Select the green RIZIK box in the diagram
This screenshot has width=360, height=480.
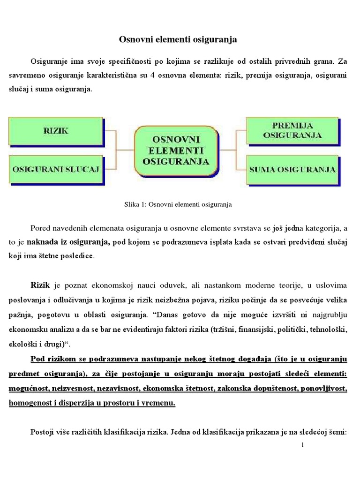tap(56, 131)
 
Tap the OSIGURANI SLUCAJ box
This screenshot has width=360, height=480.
tap(56, 170)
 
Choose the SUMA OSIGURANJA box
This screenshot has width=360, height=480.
tap(292, 170)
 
